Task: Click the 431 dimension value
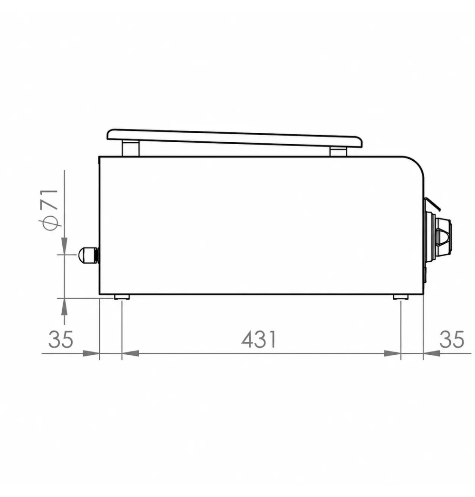(259, 339)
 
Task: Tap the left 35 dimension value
(61, 339)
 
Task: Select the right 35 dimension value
(452, 339)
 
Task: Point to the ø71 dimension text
(50, 210)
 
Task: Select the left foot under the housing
(122, 297)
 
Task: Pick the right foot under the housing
(401, 297)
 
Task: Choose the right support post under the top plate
(338, 151)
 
